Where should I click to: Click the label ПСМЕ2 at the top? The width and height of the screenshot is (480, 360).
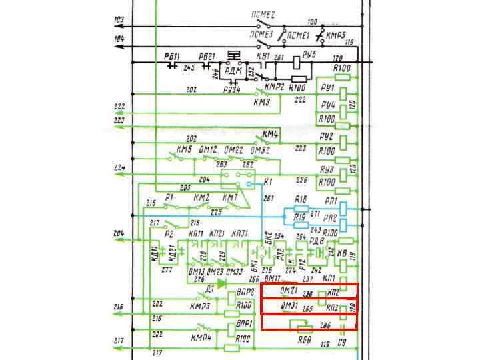263,14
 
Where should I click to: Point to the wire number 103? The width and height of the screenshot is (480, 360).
119,19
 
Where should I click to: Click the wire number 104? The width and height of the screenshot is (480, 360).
119,39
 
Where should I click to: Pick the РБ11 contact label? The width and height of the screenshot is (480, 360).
172,56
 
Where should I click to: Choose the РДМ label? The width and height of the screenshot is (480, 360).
233,69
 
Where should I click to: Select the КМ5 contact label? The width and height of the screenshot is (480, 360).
184,149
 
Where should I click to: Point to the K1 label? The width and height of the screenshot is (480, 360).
269,181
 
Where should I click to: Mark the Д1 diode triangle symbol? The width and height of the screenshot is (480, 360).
221,283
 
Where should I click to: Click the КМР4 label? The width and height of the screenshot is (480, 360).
201,338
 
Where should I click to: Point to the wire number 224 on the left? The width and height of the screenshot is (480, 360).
119,167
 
